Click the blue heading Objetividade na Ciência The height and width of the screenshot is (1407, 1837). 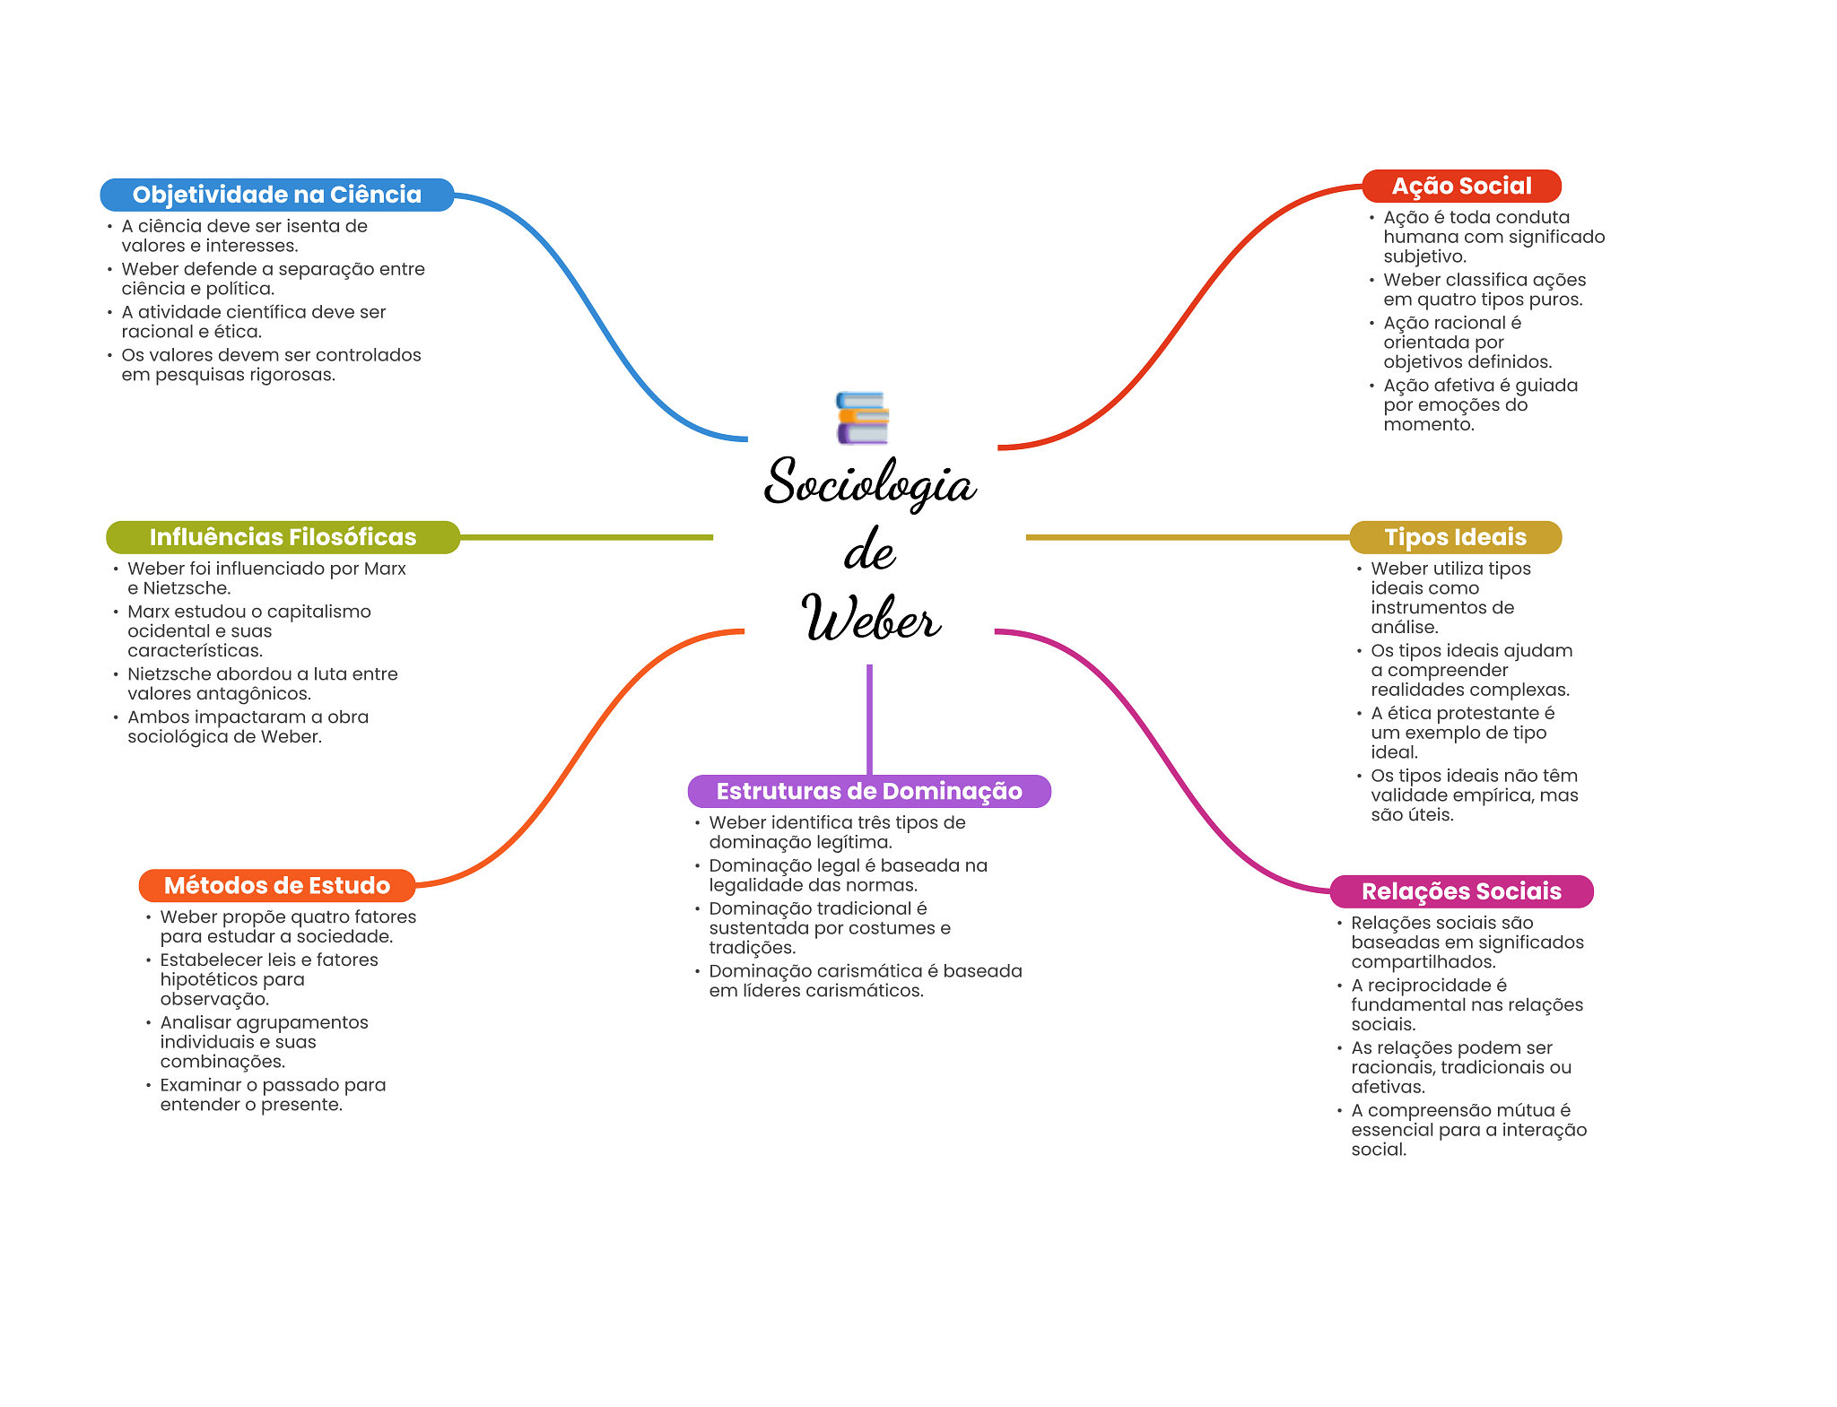276,195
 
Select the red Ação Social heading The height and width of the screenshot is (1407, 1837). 1461,186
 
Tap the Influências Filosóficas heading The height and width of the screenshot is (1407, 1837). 283,537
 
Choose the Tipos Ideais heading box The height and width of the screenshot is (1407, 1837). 1455,537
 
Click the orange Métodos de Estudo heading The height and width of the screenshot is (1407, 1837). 277,885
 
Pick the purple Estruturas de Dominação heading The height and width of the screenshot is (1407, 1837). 868,791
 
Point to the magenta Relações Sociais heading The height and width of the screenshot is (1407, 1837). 1461,891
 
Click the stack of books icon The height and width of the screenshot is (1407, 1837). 862,418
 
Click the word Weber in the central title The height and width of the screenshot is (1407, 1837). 871,618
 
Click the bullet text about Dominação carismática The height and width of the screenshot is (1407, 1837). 865,981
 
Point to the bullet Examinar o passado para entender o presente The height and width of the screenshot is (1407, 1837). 273,1095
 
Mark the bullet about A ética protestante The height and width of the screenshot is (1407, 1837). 1462,733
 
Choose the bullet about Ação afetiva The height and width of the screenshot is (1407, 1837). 1480,405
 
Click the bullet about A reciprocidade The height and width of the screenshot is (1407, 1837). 1467,1005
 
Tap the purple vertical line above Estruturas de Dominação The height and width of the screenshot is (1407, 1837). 869,717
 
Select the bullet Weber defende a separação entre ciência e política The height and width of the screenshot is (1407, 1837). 273,279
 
